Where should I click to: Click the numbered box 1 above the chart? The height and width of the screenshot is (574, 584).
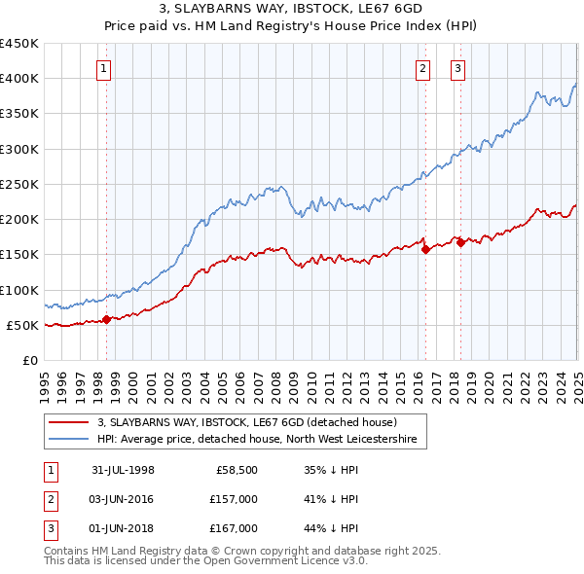tap(103, 68)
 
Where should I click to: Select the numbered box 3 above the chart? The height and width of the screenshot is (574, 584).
tap(457, 68)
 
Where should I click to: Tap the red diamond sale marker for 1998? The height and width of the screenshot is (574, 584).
tap(106, 319)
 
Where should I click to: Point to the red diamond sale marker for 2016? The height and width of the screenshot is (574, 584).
tap(425, 249)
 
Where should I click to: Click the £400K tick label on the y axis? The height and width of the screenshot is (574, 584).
tap(19, 79)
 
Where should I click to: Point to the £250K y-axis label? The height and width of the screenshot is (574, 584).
tap(19, 184)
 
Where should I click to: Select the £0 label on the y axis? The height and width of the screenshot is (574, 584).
tap(29, 360)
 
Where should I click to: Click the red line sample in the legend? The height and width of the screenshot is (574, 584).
tap(68, 423)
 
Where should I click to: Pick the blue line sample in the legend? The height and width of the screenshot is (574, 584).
tap(68, 440)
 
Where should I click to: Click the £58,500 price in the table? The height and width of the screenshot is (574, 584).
tap(236, 469)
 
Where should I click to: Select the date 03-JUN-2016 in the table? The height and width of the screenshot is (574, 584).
tap(124, 499)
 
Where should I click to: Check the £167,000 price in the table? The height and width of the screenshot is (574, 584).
tap(233, 528)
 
